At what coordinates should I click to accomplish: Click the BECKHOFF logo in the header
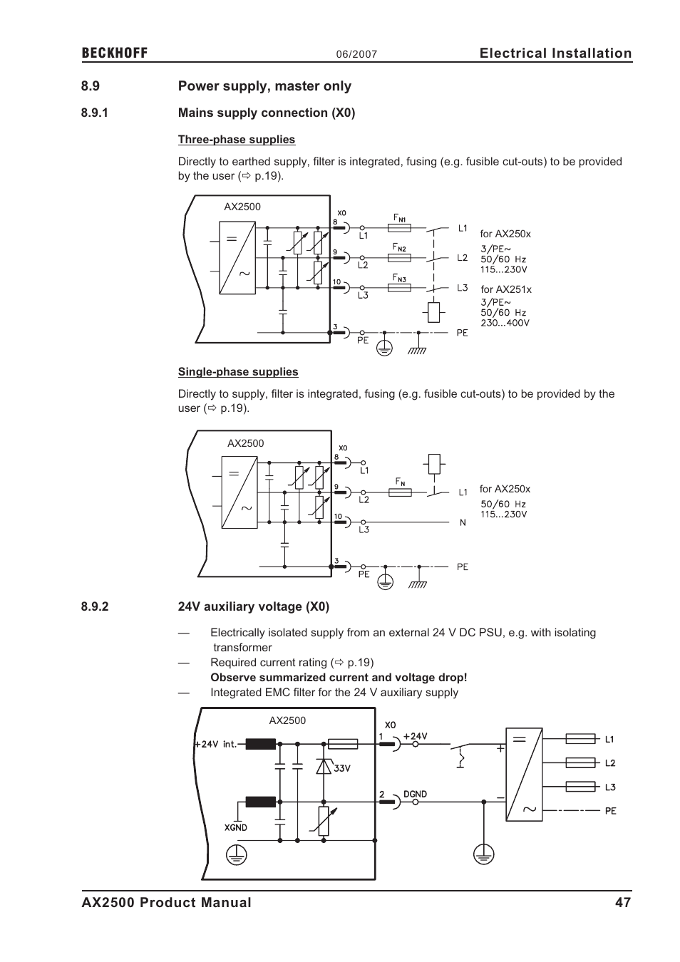click(114, 53)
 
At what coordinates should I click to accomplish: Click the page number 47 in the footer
click(623, 902)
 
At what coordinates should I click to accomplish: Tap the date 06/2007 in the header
click(356, 55)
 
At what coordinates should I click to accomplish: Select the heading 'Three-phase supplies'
click(236, 140)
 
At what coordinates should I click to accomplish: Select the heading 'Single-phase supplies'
click(238, 372)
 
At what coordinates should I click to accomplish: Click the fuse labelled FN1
click(398, 228)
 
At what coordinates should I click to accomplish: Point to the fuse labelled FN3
click(398, 288)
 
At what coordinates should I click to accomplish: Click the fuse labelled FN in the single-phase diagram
click(400, 492)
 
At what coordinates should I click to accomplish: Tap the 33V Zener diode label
click(341, 768)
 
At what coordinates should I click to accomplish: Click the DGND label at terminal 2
click(415, 794)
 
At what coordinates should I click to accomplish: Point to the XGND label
click(235, 827)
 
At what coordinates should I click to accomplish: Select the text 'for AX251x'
click(505, 289)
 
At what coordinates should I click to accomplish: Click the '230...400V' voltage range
click(505, 323)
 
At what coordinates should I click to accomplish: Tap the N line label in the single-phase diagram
click(463, 522)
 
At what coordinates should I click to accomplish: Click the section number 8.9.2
click(94, 606)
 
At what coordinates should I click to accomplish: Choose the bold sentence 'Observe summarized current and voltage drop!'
click(339, 678)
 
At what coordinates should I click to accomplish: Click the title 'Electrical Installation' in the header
click(555, 53)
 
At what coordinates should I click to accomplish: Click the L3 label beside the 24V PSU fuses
click(610, 787)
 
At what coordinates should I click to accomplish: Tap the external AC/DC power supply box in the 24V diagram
click(524, 774)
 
